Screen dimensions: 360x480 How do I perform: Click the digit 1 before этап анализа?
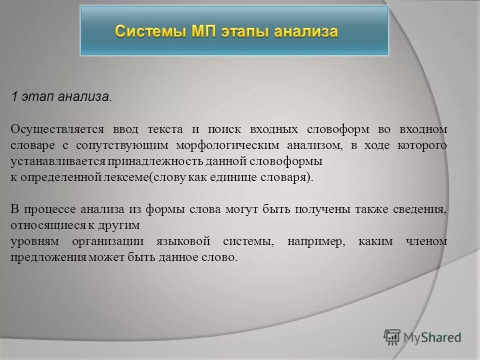(15, 97)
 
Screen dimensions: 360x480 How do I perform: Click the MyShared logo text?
(433, 337)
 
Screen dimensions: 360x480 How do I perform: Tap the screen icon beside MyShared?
(392, 337)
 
